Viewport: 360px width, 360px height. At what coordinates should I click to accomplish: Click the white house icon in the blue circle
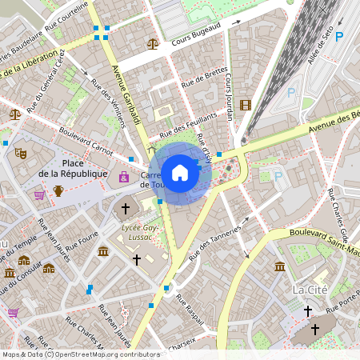point(180,172)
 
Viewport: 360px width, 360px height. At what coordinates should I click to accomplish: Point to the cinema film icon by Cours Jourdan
point(245,105)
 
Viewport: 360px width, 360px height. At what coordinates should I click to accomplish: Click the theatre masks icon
point(21,150)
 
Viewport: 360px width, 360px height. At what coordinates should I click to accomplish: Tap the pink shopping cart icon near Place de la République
point(39,194)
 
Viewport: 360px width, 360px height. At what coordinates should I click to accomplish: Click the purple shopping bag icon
point(124,176)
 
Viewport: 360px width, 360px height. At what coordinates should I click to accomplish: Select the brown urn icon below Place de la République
point(58,190)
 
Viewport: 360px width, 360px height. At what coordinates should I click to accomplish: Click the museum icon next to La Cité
point(280,266)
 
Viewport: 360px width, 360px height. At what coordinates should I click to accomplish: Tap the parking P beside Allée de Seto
point(338,37)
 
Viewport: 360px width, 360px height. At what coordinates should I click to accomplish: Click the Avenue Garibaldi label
point(126,97)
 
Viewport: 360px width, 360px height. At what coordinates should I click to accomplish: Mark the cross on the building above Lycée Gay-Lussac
point(124,210)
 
